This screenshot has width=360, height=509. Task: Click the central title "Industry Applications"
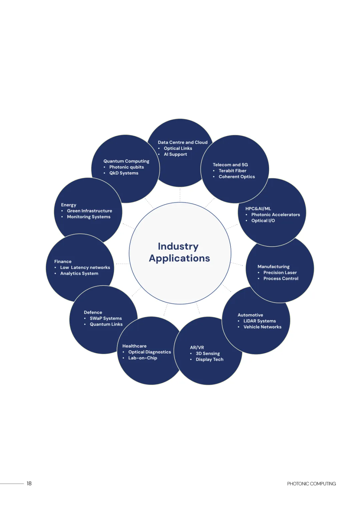coord(179,252)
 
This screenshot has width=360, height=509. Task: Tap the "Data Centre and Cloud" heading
coord(182,142)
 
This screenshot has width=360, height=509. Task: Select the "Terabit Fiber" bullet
coord(232,171)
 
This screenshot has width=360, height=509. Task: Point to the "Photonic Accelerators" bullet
coord(275,215)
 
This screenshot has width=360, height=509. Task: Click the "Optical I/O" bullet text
coord(263,221)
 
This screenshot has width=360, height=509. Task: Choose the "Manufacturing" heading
coord(273,267)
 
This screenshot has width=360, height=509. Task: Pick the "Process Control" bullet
coord(281,279)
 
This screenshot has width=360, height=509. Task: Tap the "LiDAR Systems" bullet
coord(259,321)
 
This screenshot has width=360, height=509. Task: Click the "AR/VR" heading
coord(197,347)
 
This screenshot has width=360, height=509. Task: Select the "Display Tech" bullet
coord(209,359)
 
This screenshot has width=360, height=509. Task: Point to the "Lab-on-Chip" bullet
coord(142,358)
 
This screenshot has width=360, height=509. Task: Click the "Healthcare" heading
coord(134,346)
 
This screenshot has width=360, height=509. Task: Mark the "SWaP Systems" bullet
coord(106,318)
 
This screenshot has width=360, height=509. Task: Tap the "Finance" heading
coord(63,262)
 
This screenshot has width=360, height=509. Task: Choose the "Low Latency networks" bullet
coord(85,268)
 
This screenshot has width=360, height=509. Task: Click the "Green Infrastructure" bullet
coord(89,211)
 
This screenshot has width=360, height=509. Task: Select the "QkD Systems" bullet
coord(124,173)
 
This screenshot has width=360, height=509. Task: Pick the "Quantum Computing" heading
coord(126,161)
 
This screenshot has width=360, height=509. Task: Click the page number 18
coord(29,483)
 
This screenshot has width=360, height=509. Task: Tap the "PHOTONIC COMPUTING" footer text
coord(311,484)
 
